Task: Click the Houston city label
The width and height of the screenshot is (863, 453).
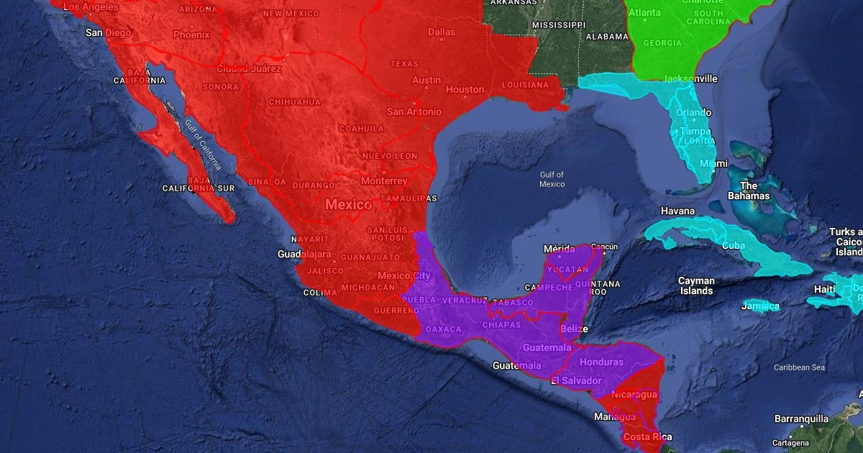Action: coord(465,90)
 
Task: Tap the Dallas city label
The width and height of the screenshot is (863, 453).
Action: coord(442,32)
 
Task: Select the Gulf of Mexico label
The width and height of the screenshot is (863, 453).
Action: coord(552,179)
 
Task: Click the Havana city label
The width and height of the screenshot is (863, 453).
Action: coord(678,211)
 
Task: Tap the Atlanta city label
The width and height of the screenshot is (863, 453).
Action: coord(644,12)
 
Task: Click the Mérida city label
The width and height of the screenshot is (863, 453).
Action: coord(559,249)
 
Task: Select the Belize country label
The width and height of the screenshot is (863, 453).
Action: coord(574,329)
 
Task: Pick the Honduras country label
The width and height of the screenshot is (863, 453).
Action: coord(601,362)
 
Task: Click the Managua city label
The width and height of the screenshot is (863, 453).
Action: coord(614,417)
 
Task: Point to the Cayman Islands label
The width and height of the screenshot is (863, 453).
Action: coord(696,285)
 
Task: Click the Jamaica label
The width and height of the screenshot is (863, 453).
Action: coord(761,306)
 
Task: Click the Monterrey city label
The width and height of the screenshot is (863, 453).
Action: coord(384,180)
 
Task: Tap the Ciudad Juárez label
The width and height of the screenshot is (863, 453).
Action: coord(249,69)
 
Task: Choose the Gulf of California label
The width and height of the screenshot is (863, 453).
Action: coord(202,145)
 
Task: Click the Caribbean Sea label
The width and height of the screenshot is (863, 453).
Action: coord(799,367)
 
